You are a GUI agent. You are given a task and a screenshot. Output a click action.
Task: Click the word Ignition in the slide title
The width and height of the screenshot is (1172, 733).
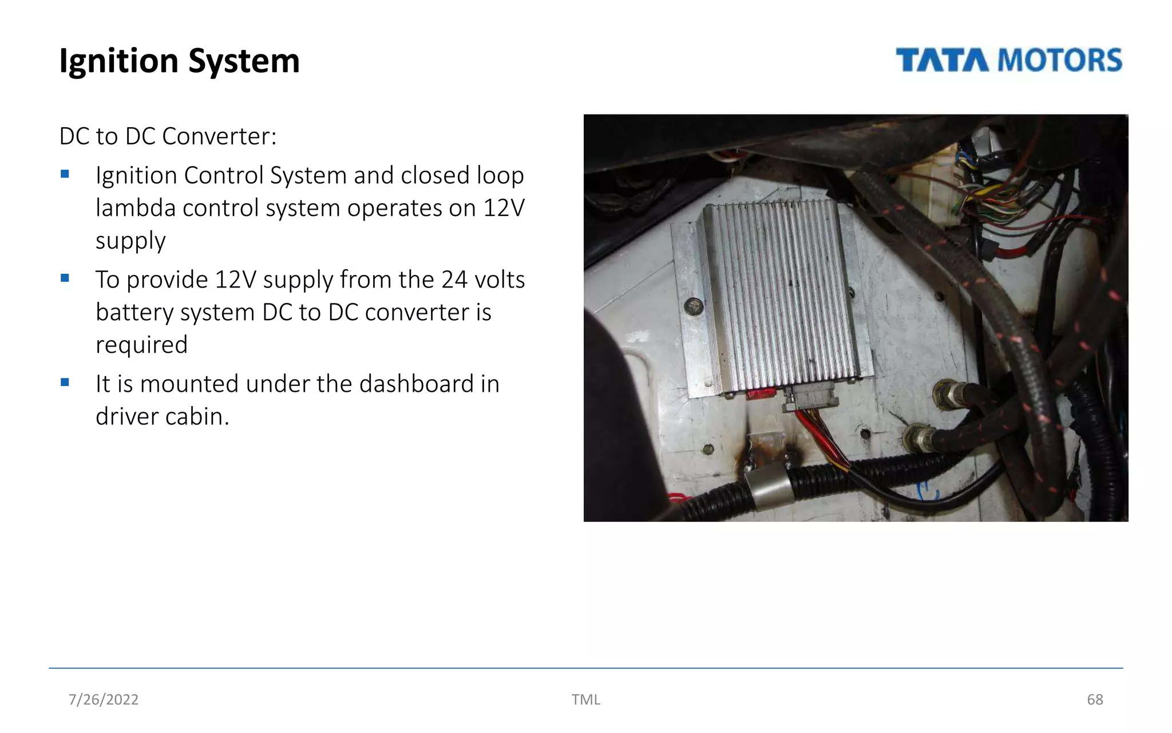[118, 61]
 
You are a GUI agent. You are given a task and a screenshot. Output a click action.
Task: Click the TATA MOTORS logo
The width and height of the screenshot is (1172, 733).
[1009, 60]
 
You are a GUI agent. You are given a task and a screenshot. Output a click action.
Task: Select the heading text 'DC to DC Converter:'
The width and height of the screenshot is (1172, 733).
[168, 136]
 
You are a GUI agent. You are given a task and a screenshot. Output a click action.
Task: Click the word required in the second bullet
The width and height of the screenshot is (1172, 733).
[141, 345]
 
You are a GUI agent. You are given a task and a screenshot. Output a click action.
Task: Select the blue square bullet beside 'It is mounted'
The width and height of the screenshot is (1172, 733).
[65, 382]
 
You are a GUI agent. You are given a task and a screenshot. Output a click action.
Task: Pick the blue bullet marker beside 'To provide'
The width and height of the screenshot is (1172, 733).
[65, 278]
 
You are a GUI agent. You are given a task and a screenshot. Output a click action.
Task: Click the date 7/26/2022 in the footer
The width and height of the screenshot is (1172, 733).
[104, 699]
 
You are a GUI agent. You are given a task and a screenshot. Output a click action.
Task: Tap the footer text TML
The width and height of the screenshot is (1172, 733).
[585, 699]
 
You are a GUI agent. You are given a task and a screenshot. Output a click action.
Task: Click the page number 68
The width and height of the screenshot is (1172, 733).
[1094, 699]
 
